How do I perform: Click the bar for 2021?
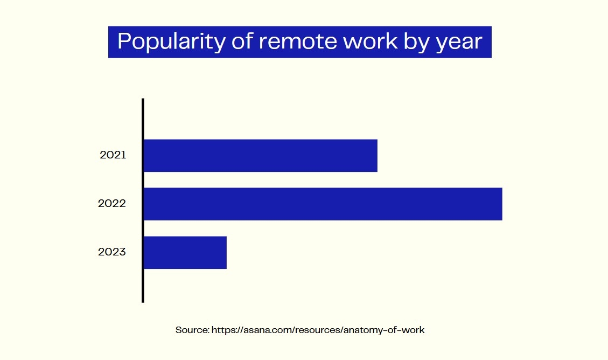(x=261, y=156)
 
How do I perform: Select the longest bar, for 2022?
(x=323, y=204)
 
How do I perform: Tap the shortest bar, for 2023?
(x=185, y=253)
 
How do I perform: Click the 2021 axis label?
(x=113, y=155)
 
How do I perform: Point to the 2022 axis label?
(x=112, y=204)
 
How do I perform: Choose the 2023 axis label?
(x=112, y=252)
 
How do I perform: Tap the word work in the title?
(x=371, y=41)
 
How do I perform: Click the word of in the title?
(x=242, y=41)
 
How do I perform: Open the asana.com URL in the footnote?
(x=318, y=330)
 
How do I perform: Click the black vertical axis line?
(x=143, y=200)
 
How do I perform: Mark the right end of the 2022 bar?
(x=502, y=204)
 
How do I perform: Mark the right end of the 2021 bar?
(x=378, y=156)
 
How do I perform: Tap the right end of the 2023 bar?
(x=226, y=253)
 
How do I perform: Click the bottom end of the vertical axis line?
(x=143, y=302)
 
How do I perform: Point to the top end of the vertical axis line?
(x=143, y=99)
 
